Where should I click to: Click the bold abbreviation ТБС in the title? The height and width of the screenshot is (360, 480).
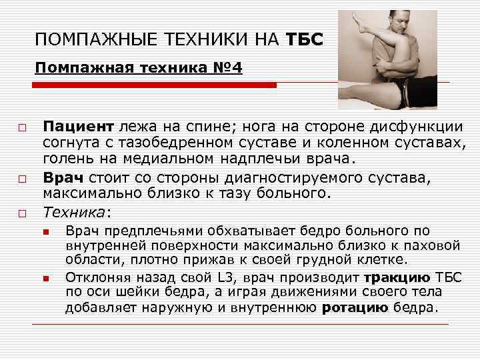point(305,41)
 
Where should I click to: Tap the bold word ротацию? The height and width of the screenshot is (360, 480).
point(354,307)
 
